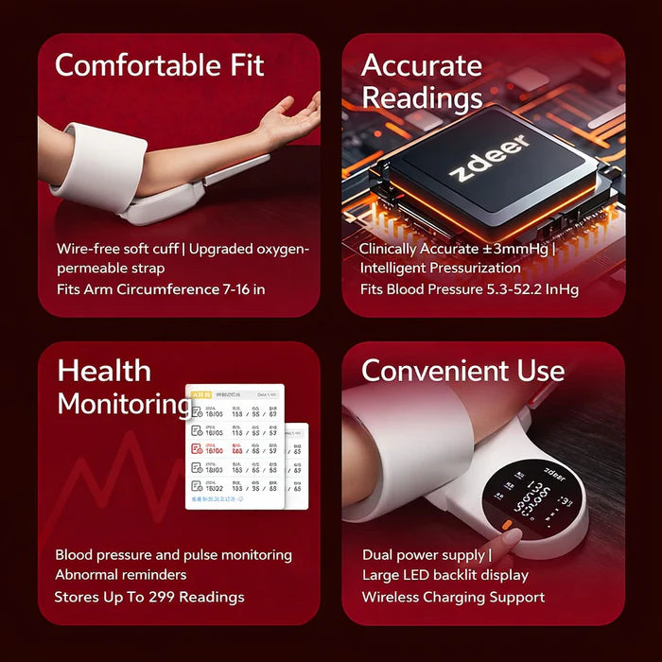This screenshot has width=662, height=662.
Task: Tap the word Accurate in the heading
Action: tap(421, 65)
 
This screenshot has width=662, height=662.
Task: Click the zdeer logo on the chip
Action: tap(488, 159)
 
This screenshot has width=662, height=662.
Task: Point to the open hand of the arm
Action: tap(288, 118)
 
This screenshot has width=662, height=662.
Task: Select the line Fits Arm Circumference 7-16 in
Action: tap(160, 287)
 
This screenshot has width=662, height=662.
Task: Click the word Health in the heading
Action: tap(103, 370)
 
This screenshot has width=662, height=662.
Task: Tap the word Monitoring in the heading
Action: tap(123, 403)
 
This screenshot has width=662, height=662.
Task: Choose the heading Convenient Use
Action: tap(462, 370)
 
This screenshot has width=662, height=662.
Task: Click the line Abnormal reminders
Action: tap(120, 574)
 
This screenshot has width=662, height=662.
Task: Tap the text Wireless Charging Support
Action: tap(453, 597)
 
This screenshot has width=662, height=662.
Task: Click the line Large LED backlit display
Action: tap(444, 575)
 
